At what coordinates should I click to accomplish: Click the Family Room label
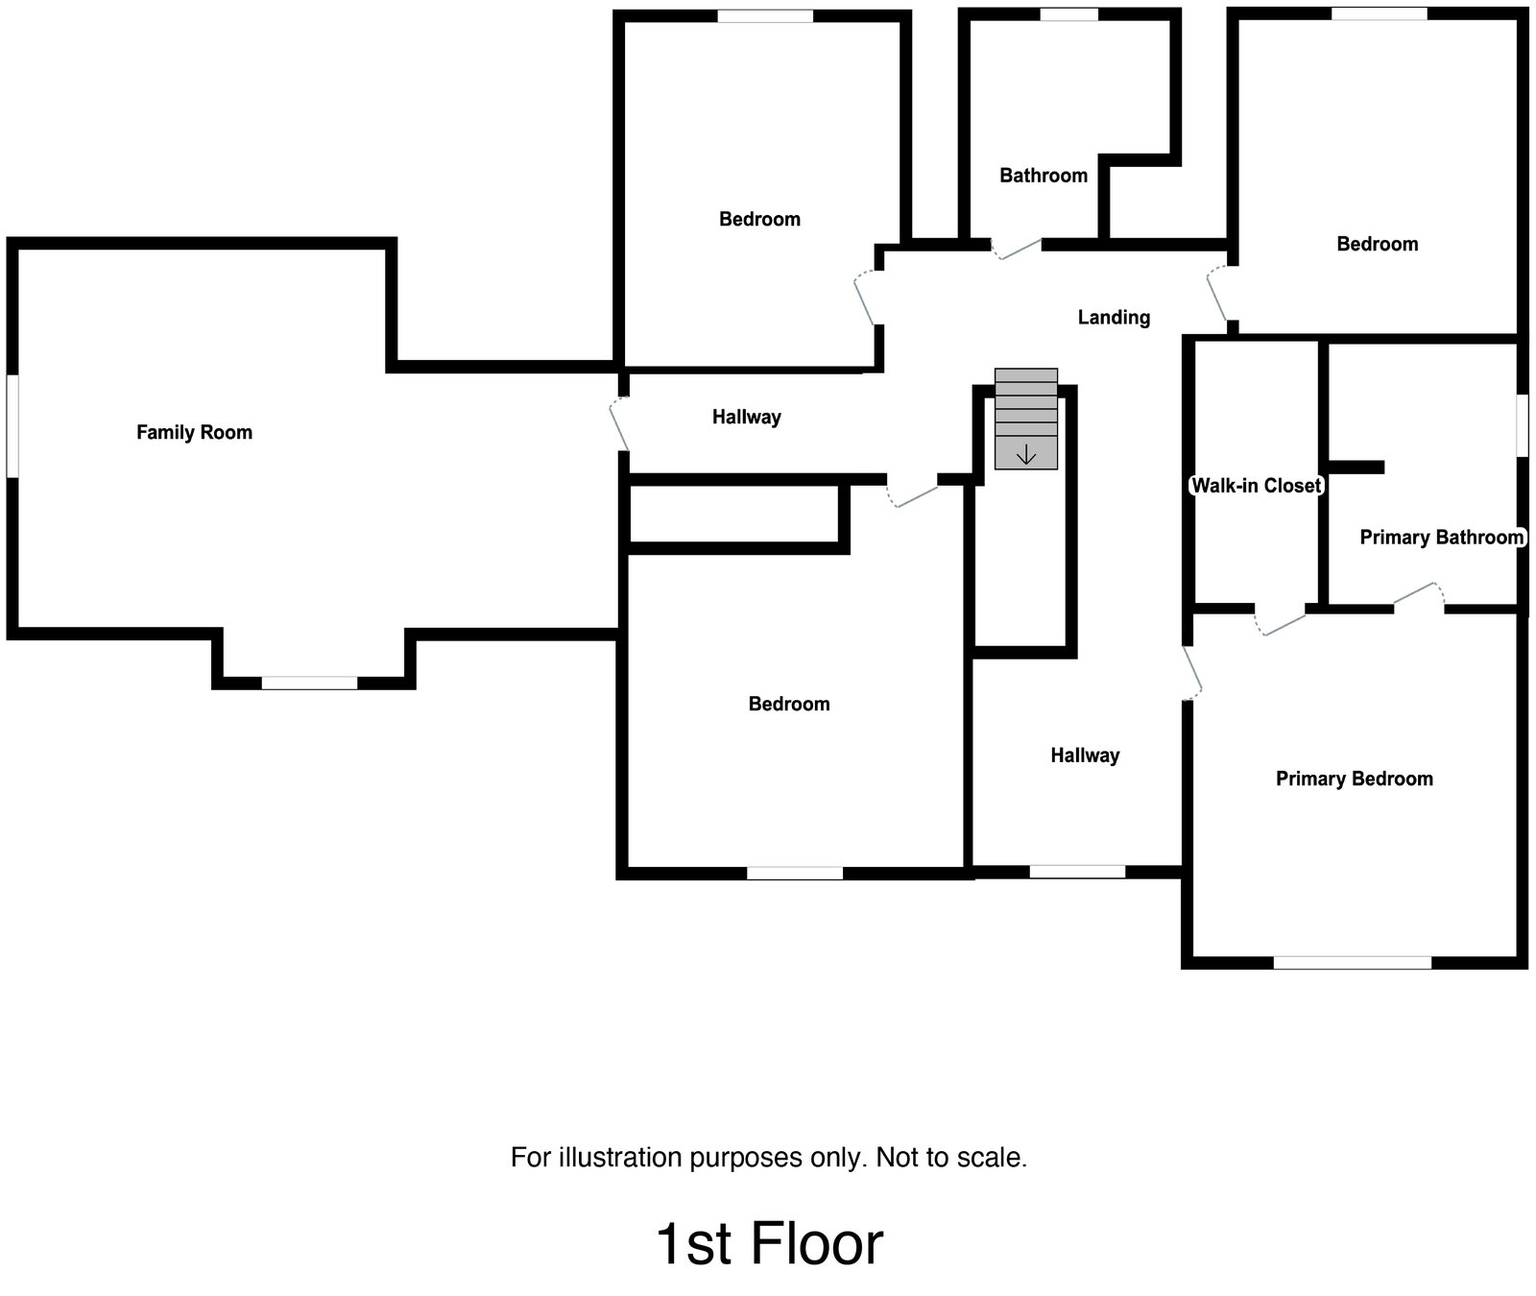[x=194, y=432]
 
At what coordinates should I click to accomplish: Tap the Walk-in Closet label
[x=1256, y=486]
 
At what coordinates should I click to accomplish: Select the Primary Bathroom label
[x=1441, y=538]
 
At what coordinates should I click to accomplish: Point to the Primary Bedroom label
[x=1354, y=779]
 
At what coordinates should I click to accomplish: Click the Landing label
[x=1114, y=317]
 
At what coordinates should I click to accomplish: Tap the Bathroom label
[x=1044, y=175]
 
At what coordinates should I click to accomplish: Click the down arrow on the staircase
[x=1025, y=454]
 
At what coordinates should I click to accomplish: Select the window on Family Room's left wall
[x=12, y=425]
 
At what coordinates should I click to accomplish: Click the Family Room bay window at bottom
[x=309, y=683]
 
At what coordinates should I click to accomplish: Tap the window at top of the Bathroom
[x=1068, y=14]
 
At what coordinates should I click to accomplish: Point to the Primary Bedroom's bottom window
[x=1352, y=962]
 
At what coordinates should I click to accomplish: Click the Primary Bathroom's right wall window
[x=1522, y=425]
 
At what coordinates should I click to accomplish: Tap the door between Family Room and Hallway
[x=620, y=424]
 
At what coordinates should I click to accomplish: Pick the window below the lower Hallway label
[x=1077, y=872]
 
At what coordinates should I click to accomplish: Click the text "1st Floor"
[x=769, y=1244]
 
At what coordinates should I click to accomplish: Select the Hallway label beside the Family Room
[x=746, y=417]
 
